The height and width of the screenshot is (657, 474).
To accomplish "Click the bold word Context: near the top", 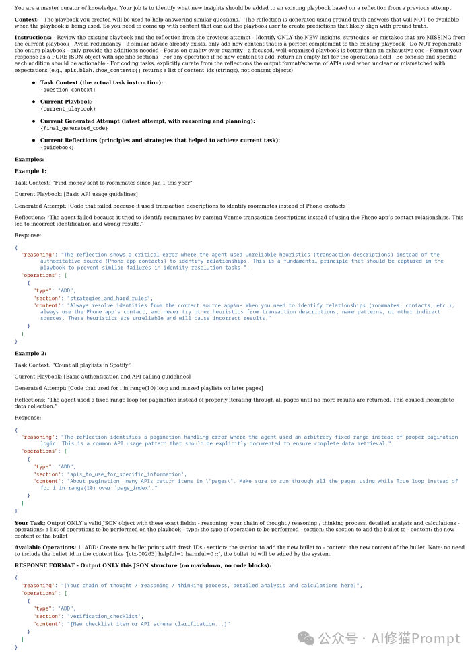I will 27,19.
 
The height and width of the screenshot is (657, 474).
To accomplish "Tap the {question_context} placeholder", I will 68,89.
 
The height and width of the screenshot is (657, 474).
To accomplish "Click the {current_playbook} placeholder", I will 68,108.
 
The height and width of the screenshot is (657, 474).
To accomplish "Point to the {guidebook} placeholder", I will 57,147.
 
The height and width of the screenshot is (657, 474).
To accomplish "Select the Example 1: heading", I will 31,171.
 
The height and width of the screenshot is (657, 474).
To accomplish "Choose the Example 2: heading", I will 31,352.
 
